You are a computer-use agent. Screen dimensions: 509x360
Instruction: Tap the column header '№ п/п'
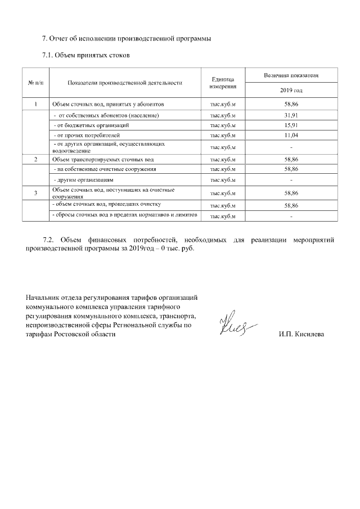[35, 83]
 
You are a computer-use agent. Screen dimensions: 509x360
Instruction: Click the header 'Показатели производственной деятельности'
[125, 83]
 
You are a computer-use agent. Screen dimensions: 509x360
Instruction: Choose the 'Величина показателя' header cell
[291, 75]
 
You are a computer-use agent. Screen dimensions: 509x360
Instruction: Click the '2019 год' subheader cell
[291, 91]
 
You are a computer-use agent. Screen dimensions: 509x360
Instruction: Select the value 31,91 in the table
[291, 115]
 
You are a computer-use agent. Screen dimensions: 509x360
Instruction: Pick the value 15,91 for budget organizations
[291, 125]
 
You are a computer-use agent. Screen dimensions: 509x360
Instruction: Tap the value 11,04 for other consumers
[291, 136]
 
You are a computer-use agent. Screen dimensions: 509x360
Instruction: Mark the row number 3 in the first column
[35, 194]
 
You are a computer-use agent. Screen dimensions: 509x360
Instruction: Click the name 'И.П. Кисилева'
[301, 335]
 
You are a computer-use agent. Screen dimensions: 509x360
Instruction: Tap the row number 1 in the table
[35, 105]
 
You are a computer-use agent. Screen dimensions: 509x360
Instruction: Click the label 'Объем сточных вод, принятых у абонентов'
[107, 105]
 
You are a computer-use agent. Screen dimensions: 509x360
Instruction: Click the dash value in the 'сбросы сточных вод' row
[291, 217]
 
